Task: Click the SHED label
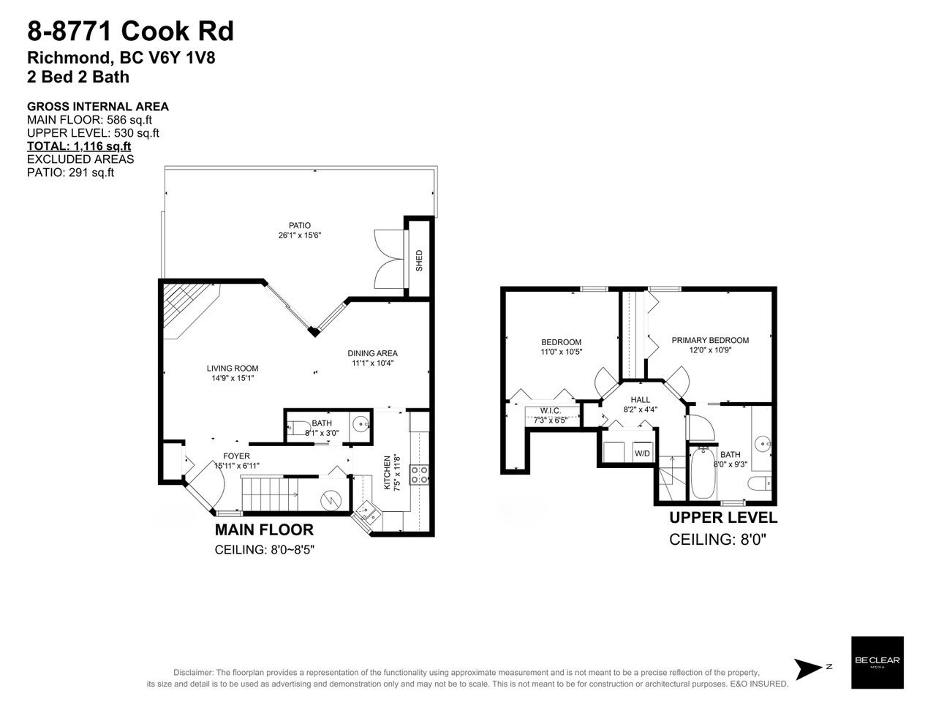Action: click(x=419, y=260)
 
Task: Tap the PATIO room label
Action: click(x=299, y=225)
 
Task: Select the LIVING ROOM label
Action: click(x=233, y=369)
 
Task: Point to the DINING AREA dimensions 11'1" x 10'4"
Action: click(x=372, y=363)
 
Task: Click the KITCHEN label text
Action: click(x=387, y=472)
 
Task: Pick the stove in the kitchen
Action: click(x=419, y=475)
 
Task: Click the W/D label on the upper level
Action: click(x=642, y=453)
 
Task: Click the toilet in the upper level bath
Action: click(x=760, y=483)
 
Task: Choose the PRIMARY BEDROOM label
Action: click(x=710, y=340)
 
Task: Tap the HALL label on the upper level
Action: click(x=640, y=399)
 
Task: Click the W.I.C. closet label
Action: click(x=551, y=410)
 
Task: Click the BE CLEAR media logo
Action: click(x=877, y=663)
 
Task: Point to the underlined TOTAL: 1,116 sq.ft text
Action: click(x=79, y=146)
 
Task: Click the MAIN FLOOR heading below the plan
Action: click(x=264, y=530)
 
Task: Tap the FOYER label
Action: click(x=237, y=456)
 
